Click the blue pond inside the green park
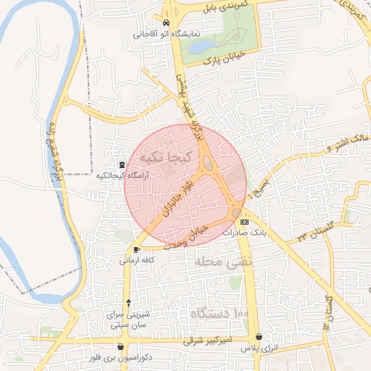(199, 46)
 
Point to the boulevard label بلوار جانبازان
(180, 192)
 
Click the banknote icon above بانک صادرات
(245, 222)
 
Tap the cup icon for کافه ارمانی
(136, 249)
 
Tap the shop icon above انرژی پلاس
(259, 337)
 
